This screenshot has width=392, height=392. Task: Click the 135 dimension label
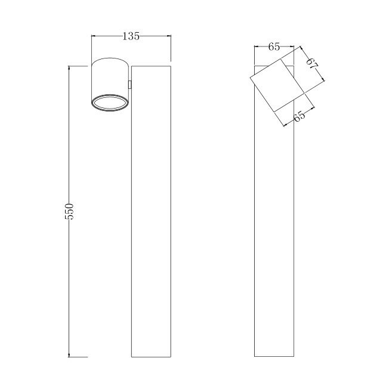pyautogui.click(x=131, y=36)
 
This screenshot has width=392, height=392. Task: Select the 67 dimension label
pyautogui.click(x=312, y=63)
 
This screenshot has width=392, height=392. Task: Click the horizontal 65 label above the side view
pyautogui.click(x=274, y=47)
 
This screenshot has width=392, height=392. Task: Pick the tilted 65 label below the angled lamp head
pyautogui.click(x=300, y=116)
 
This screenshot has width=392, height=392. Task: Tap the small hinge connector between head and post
pyautogui.click(x=130, y=85)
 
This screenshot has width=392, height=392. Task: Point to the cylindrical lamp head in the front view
pyautogui.click(x=110, y=85)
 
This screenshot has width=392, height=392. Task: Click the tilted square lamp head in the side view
pyautogui.click(x=277, y=85)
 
